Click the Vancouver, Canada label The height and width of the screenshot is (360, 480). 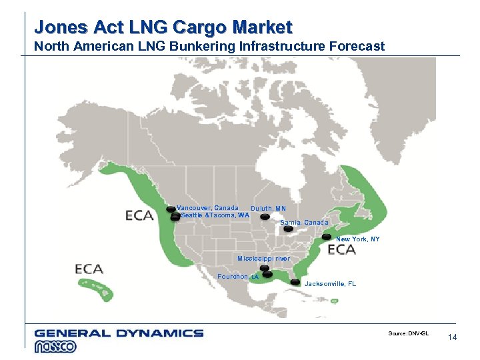tap(207, 208)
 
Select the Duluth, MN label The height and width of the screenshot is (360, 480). tap(268, 209)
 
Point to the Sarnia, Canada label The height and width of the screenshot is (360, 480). tap(305, 222)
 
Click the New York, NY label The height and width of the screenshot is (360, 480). tap(358, 239)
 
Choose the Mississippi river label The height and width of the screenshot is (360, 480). tap(264, 259)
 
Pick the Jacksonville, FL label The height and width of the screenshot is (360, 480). tap(330, 284)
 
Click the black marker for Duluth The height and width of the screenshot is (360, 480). tap(265, 217)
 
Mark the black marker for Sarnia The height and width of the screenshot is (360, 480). tap(288, 229)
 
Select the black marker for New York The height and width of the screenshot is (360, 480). tap(327, 237)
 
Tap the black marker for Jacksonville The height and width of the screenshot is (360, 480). tap(295, 283)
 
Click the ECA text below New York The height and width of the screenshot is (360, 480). tap(341, 250)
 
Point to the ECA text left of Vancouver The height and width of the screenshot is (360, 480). tap(141, 215)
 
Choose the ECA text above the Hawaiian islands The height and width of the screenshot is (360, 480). tap(89, 269)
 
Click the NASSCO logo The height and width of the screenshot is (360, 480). tap(56, 346)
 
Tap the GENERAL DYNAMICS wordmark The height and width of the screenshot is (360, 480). tap(119, 333)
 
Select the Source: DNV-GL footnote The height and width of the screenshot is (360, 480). tap(408, 333)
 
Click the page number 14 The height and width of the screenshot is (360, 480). tap(453, 338)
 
